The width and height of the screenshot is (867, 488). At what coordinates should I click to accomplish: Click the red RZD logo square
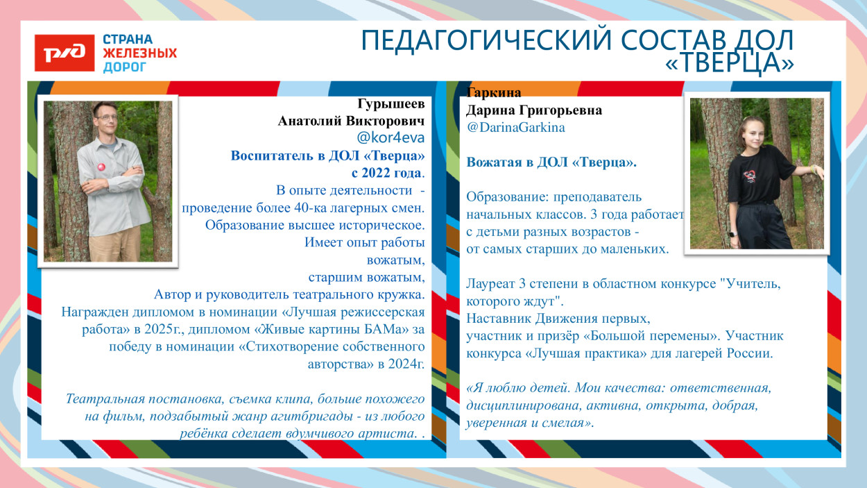tap(65, 52)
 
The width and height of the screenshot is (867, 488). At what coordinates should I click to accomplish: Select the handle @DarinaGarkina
tap(515, 128)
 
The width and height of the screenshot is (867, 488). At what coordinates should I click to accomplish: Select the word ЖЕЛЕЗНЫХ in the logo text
tap(139, 53)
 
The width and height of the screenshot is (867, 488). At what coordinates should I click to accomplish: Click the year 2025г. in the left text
tap(169, 329)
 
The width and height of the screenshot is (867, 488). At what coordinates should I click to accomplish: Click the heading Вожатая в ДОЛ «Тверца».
tap(551, 162)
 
